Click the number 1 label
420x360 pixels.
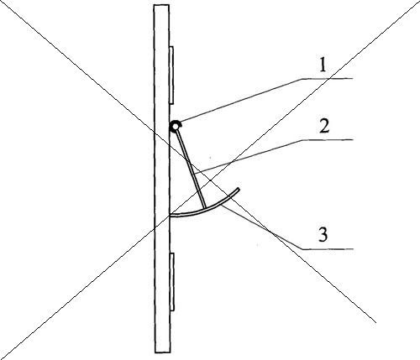(323, 66)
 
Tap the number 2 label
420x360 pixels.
(324, 127)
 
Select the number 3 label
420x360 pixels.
(323, 235)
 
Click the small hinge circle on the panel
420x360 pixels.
(176, 127)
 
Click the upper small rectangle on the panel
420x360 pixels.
(171, 75)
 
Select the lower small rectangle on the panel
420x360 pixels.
(172, 282)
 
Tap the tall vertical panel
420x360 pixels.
(162, 179)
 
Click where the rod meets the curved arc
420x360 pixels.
(205, 208)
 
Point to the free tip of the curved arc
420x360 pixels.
(239, 189)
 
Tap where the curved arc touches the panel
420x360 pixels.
(171, 216)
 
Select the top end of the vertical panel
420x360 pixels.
(161, 5)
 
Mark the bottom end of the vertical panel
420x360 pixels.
(163, 352)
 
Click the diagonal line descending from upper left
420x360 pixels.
(189, 162)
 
